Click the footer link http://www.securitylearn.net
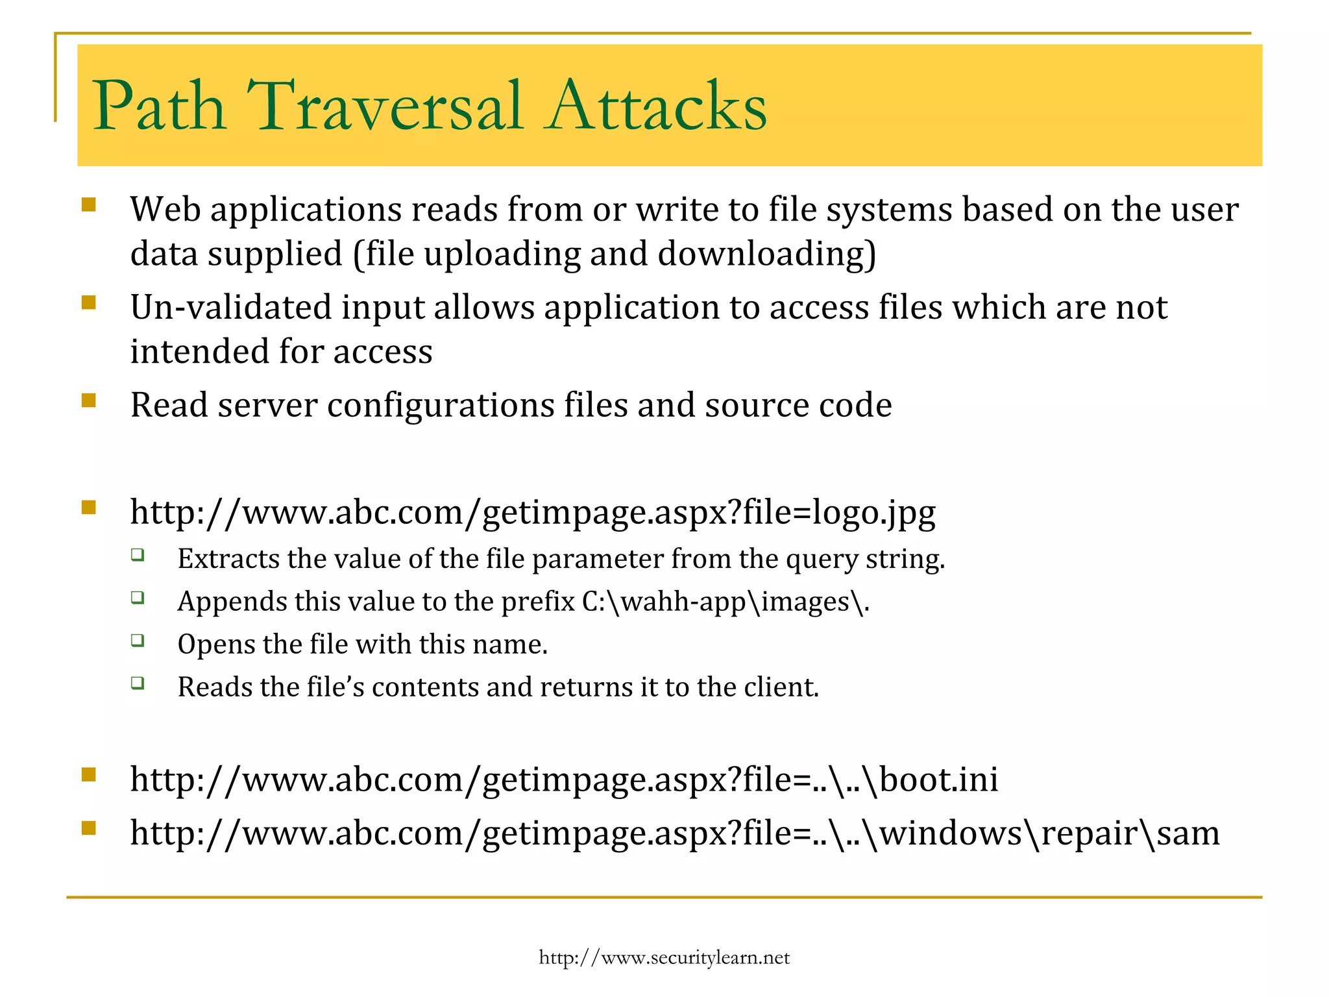(x=664, y=957)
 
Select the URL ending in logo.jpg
(x=532, y=513)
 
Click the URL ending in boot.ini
(x=563, y=780)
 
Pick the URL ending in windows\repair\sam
(x=674, y=833)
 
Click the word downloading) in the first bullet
(x=766, y=254)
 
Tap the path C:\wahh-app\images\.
(x=725, y=602)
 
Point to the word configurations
(x=441, y=406)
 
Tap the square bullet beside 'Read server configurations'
(x=89, y=400)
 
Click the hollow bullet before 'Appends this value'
(x=137, y=597)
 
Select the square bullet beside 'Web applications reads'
(x=89, y=206)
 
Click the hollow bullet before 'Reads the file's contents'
(x=137, y=683)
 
